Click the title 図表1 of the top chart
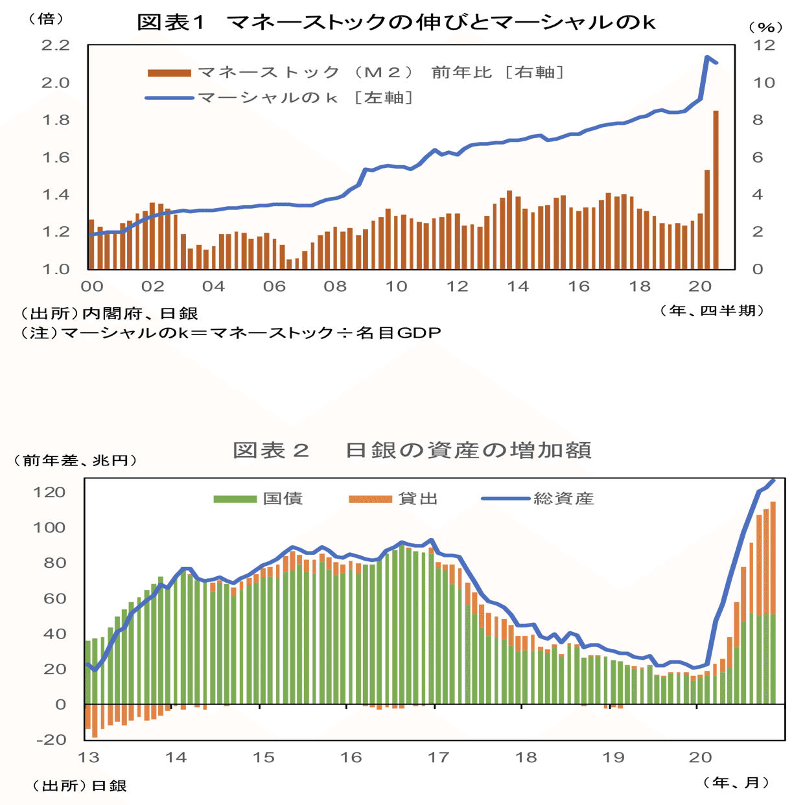click(x=171, y=23)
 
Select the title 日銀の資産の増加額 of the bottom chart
click(x=467, y=450)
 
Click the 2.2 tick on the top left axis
click(x=55, y=45)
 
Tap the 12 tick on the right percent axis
click(x=763, y=45)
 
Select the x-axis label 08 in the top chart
click(x=335, y=286)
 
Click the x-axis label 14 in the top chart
click(x=517, y=286)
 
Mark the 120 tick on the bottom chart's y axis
click(x=50, y=492)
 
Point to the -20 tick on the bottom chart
click(x=50, y=740)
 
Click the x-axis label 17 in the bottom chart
click(x=438, y=757)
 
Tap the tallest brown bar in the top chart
click(x=716, y=188)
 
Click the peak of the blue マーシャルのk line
click(x=707, y=57)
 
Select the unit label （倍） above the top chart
click(x=45, y=19)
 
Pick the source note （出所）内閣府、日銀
click(x=109, y=314)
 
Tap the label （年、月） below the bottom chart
click(x=736, y=782)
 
